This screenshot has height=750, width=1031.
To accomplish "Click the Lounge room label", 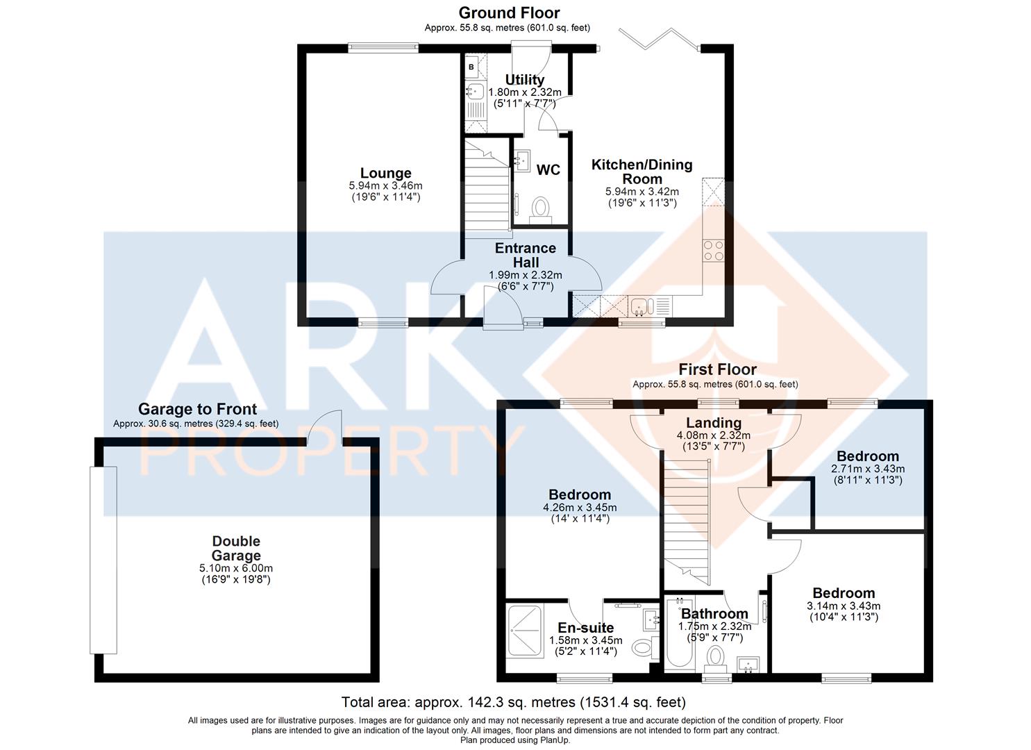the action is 386,173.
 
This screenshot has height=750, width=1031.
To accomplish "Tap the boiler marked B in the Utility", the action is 471,67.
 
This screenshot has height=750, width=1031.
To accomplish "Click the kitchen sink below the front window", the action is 642,306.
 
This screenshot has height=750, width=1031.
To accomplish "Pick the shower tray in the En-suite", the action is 525,630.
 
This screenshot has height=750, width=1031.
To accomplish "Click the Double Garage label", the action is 236,548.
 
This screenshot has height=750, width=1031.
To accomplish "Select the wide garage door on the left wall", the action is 103,560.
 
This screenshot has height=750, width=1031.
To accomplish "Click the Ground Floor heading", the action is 509,13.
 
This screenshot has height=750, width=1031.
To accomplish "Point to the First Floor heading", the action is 718,369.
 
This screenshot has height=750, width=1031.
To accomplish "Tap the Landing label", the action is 714,423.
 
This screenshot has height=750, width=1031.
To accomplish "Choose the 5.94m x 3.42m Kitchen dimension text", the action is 642,192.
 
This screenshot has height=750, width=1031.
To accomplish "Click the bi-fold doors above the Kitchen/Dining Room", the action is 659,39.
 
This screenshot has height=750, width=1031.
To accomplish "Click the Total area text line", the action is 514,702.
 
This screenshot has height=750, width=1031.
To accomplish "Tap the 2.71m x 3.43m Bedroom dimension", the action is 868,469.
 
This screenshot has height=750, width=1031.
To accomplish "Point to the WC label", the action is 548,170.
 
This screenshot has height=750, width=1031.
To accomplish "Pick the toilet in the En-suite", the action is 646,647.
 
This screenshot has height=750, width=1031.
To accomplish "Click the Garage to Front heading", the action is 197,409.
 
